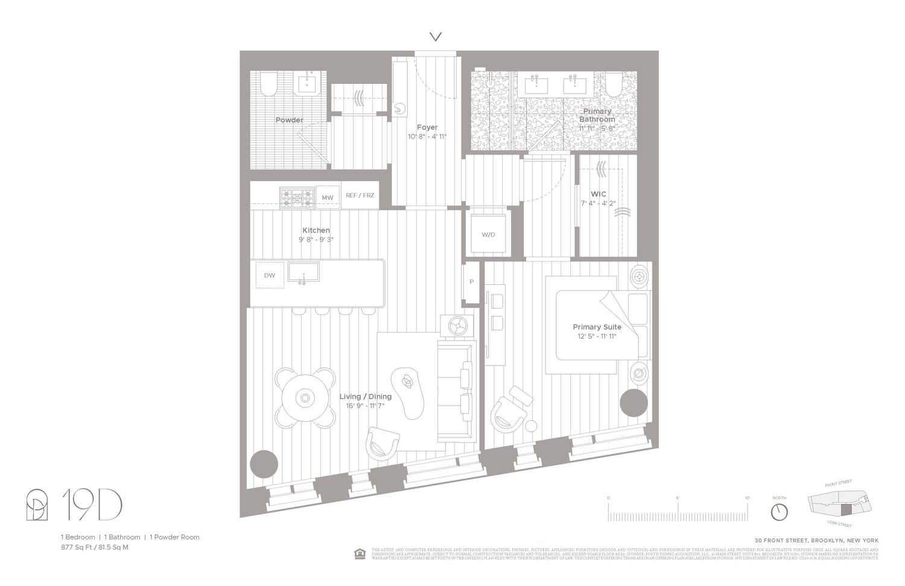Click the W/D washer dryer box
pyautogui.click(x=488, y=234)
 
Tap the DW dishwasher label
pyautogui.click(x=269, y=275)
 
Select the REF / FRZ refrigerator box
pyautogui.click(x=360, y=196)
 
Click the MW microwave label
pyautogui.click(x=327, y=197)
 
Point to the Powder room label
pyautogui.click(x=289, y=120)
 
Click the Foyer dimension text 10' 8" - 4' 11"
pyautogui.click(x=427, y=136)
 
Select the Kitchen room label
pyautogui.click(x=316, y=230)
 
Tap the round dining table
pyautogui.click(x=305, y=398)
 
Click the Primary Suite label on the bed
pyautogui.click(x=597, y=326)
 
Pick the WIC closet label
pyautogui.click(x=598, y=194)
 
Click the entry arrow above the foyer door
pyautogui.click(x=436, y=37)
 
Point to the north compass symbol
pyautogui.click(x=779, y=512)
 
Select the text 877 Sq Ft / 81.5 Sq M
pyautogui.click(x=94, y=547)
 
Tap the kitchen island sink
pyautogui.click(x=303, y=272)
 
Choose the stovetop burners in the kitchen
pyautogui.click(x=297, y=197)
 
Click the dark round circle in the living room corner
pyautogui.click(x=264, y=464)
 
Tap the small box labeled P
pyautogui.click(x=471, y=282)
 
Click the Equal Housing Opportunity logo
pyautogui.click(x=360, y=553)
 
